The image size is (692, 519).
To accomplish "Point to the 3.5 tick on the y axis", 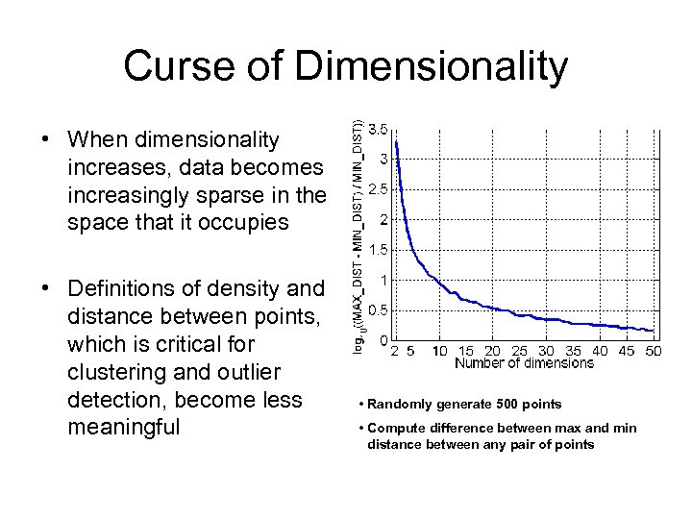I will coord(379,129).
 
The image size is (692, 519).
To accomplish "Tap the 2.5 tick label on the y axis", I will coord(379,189).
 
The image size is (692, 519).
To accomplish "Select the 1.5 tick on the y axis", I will coord(379,250).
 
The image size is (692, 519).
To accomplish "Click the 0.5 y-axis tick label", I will coord(379,310).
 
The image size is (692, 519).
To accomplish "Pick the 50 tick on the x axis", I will coord(654,352).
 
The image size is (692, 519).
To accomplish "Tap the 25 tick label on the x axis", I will coord(520,352).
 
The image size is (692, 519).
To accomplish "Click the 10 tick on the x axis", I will coord(440,352).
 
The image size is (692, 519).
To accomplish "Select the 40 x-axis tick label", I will coord(600,352).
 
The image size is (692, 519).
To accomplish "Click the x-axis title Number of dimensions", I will coord(525,364).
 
